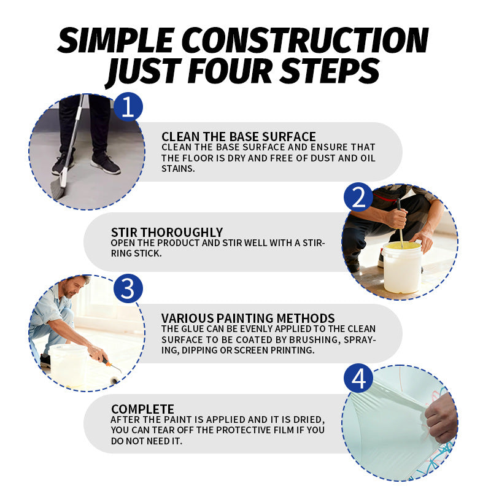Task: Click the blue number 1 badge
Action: click(128, 107)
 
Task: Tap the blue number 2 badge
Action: click(358, 197)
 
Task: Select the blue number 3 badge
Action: click(128, 288)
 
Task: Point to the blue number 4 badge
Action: click(358, 378)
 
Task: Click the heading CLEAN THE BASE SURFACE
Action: click(239, 137)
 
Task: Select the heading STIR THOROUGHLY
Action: click(167, 233)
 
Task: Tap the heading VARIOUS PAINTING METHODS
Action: click(248, 318)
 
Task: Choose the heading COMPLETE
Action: click(142, 409)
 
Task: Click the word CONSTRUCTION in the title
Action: click(309, 40)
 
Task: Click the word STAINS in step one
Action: click(178, 168)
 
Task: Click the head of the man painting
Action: click(75, 286)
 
